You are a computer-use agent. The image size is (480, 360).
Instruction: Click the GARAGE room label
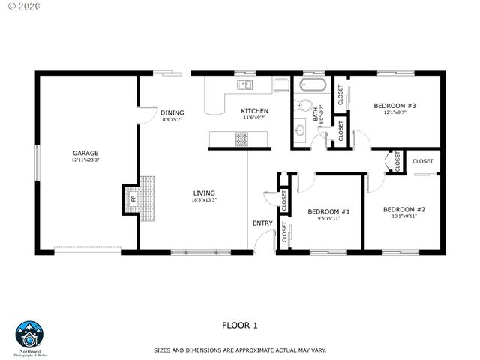(x=85, y=152)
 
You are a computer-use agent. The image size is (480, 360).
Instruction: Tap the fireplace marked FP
(x=133, y=199)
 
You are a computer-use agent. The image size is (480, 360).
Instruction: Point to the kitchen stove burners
(x=242, y=139)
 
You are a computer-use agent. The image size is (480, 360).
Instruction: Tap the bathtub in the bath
(x=312, y=84)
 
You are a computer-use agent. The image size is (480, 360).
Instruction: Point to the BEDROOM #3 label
(x=394, y=106)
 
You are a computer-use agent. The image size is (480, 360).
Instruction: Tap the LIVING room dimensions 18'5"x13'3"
(x=203, y=200)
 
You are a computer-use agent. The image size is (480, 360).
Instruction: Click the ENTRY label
(x=262, y=223)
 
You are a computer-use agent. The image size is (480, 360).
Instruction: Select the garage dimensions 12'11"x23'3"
(x=85, y=160)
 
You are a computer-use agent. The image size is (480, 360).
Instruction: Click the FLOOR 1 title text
(x=239, y=325)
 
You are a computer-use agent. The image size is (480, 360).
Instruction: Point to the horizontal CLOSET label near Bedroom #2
(x=422, y=161)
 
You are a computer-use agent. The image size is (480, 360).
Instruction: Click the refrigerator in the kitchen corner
(x=280, y=84)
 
